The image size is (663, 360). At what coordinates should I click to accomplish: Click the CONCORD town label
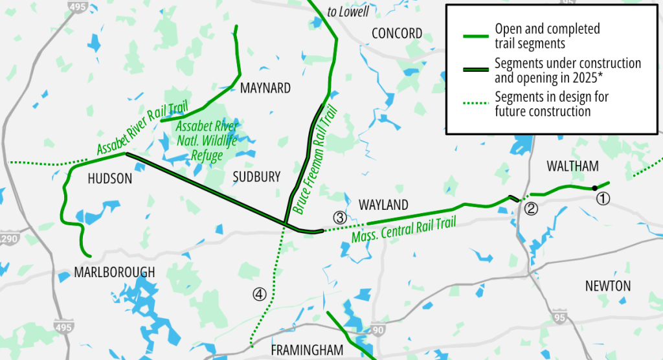pos(397,33)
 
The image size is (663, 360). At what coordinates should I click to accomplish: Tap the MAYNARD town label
pos(265,88)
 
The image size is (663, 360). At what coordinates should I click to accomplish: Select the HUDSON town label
pos(109,179)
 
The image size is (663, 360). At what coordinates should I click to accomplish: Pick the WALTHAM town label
pos(572,166)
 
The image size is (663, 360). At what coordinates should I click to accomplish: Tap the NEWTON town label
pos(607,286)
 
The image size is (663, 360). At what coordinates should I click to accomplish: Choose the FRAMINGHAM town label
pos(306,350)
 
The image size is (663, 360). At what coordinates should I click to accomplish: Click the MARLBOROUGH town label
pos(115,272)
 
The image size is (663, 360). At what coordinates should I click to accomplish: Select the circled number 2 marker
pos(531,208)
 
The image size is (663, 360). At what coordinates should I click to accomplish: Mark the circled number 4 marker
pos(260,295)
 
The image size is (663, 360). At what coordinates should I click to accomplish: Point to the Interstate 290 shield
pos(7,238)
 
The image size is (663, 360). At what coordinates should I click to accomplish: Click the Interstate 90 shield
pos(378,330)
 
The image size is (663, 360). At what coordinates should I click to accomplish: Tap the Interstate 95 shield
pos(559,318)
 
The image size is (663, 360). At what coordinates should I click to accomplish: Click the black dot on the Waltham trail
pos(594,188)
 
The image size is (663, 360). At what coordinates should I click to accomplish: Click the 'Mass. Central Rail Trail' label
pos(403,230)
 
